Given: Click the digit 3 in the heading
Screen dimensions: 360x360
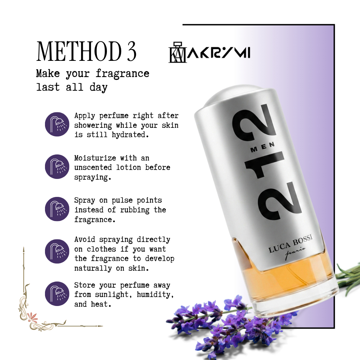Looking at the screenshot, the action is [131, 51].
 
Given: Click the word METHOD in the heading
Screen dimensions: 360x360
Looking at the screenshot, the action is [79, 51].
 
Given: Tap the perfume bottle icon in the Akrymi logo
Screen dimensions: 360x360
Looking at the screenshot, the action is [177, 52].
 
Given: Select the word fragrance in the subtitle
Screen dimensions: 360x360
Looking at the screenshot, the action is [122, 74].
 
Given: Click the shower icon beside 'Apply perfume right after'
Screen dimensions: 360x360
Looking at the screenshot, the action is [57, 124].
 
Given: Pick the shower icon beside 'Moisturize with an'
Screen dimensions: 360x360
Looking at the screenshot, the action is [57, 166].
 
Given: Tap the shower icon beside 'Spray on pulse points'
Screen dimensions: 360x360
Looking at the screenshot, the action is [57, 209].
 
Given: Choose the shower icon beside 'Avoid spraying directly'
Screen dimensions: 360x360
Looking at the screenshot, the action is [57, 251].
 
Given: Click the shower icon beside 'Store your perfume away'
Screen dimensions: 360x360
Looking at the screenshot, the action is [57, 294].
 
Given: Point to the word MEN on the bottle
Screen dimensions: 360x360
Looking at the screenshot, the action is [263, 147].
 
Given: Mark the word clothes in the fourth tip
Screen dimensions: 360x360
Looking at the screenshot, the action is [101, 249].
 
